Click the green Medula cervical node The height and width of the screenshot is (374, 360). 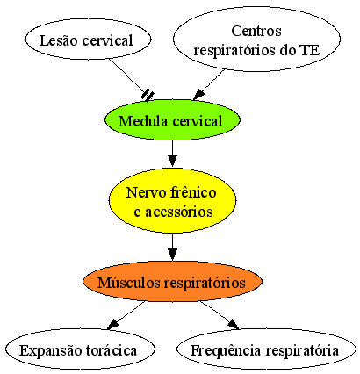(172, 120)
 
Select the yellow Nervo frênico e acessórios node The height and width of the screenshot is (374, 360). (172, 200)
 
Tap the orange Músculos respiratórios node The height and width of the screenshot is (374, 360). (172, 282)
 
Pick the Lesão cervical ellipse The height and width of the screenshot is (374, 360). (88, 40)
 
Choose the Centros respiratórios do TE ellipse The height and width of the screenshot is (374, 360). (256, 39)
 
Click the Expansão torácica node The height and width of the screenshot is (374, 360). (80, 349)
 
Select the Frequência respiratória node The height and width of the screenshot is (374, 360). (267, 349)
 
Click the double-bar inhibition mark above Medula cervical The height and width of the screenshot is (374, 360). (148, 95)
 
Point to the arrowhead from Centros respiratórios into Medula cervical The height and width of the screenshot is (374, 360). (198, 94)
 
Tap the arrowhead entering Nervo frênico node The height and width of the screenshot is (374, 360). (172, 161)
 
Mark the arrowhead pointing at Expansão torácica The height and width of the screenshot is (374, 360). (113, 324)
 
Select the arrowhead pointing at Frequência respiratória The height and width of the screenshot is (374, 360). (234, 324)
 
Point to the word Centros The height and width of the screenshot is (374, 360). (256, 31)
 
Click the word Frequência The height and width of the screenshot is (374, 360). (226, 350)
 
